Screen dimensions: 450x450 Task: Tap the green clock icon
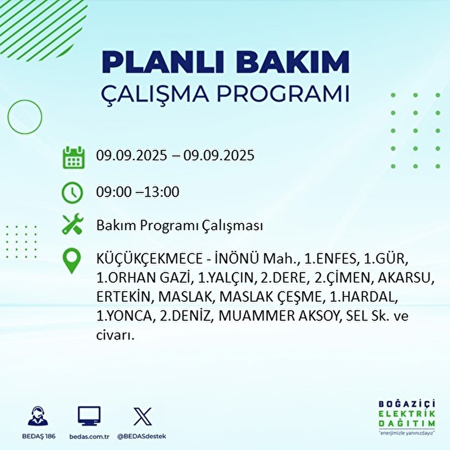72,193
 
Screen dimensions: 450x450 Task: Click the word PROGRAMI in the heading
282,94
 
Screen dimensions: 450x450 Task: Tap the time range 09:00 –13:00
138,192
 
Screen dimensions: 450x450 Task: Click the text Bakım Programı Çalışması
179,226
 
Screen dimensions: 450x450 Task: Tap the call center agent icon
39,417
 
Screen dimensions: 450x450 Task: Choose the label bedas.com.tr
89,436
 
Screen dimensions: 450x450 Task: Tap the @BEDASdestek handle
141,436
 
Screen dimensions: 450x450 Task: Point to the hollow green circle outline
25,117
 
